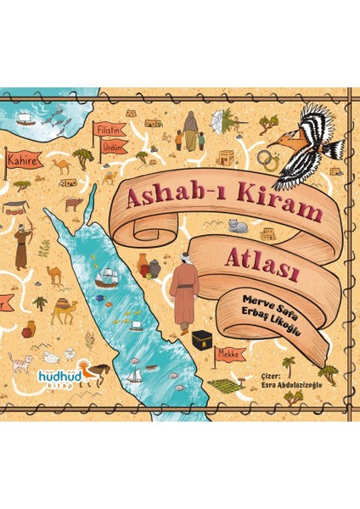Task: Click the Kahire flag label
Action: [x=20, y=158]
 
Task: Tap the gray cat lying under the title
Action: [x=239, y=227]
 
